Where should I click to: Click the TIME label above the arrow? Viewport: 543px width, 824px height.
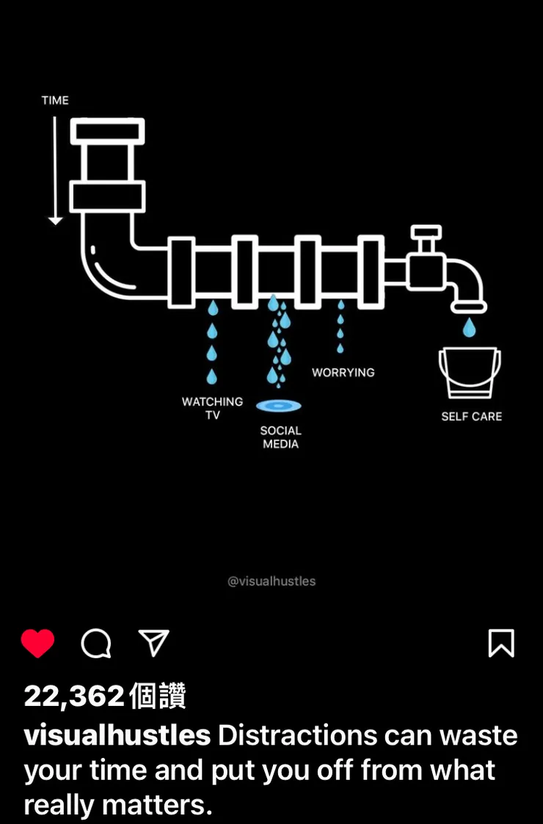pyautogui.click(x=55, y=101)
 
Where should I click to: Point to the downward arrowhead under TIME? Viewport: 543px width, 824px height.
pyautogui.click(x=55, y=221)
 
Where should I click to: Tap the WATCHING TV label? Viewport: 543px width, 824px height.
pyautogui.click(x=212, y=408)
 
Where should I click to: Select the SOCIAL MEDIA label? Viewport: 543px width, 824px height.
pyautogui.click(x=281, y=437)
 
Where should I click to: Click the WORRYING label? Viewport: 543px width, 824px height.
pyautogui.click(x=343, y=373)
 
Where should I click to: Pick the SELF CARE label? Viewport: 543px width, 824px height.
pyautogui.click(x=472, y=416)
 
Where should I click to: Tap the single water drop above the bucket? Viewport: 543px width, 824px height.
pyautogui.click(x=470, y=327)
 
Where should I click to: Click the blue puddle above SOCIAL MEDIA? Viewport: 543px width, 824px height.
pyautogui.click(x=279, y=406)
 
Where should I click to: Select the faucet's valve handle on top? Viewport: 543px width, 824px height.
pyautogui.click(x=426, y=232)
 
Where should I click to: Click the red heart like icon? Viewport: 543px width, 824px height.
pyautogui.click(x=38, y=643)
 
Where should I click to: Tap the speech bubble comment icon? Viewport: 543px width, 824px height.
pyautogui.click(x=95, y=643)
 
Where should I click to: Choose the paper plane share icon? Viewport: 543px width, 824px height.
pyautogui.click(x=153, y=643)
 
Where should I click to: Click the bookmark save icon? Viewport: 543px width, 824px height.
pyautogui.click(x=501, y=643)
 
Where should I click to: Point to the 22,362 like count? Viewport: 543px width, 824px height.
pyautogui.click(x=74, y=696)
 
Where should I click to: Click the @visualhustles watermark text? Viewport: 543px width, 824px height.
pyautogui.click(x=271, y=581)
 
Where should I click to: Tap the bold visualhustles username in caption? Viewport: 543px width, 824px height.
pyautogui.click(x=117, y=735)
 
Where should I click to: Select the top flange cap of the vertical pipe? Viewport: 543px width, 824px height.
pyautogui.click(x=108, y=131)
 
